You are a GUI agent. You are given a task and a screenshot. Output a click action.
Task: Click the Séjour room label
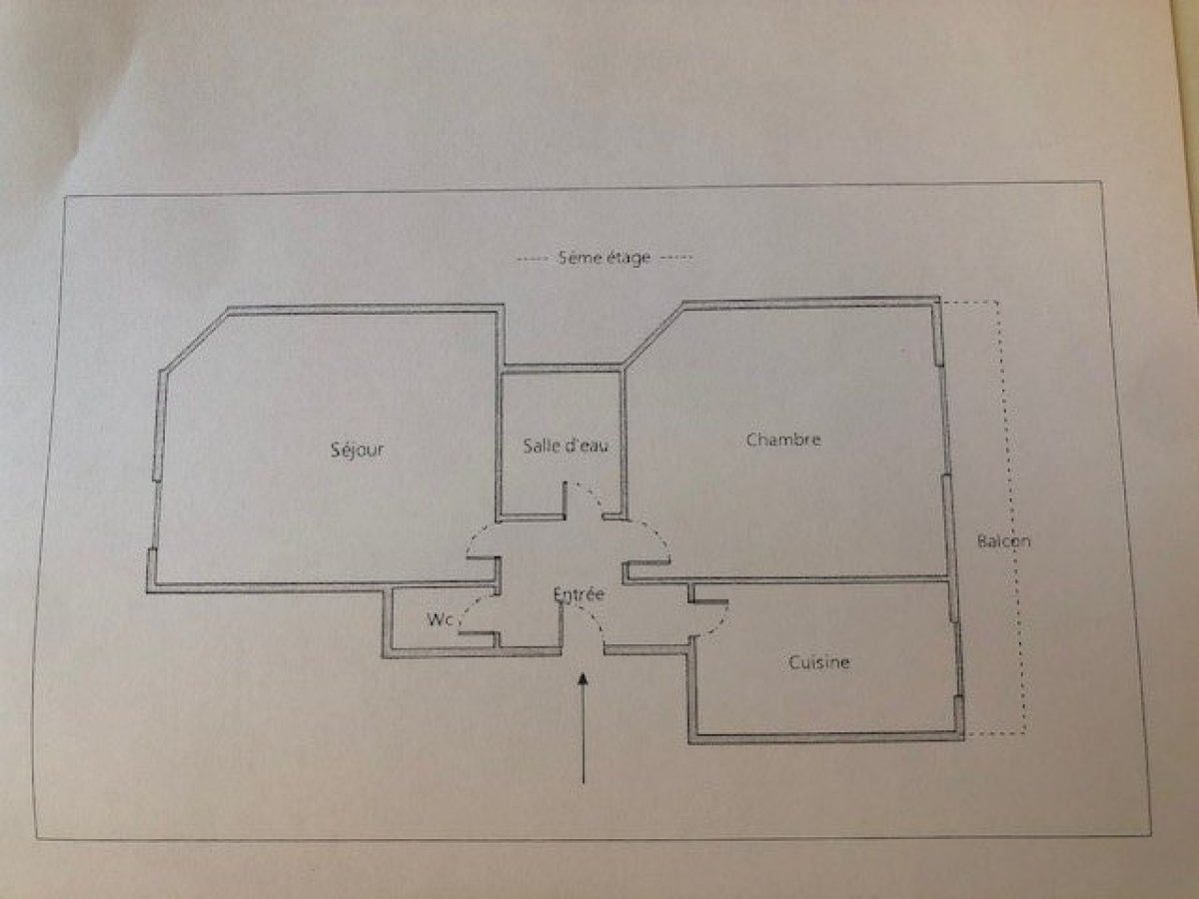coord(358,450)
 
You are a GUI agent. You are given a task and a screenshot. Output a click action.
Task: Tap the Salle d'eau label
coord(566,446)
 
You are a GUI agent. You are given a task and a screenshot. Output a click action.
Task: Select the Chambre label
coord(783,440)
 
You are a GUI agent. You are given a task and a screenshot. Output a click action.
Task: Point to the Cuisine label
coord(818,662)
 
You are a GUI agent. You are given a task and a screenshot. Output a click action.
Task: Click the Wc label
coord(441,619)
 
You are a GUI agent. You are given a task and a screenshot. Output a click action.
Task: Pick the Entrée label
coord(579,594)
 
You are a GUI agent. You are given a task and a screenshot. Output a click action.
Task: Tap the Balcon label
coord(1003,541)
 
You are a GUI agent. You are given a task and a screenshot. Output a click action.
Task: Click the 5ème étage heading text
coord(604,257)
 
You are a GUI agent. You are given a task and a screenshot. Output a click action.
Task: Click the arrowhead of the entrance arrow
coord(584,678)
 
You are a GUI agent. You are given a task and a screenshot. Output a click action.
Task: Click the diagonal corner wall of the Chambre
coord(653,333)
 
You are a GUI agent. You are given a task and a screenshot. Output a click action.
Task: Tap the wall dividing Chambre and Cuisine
coord(786,578)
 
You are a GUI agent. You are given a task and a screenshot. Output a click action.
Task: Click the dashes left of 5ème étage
coord(534,260)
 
